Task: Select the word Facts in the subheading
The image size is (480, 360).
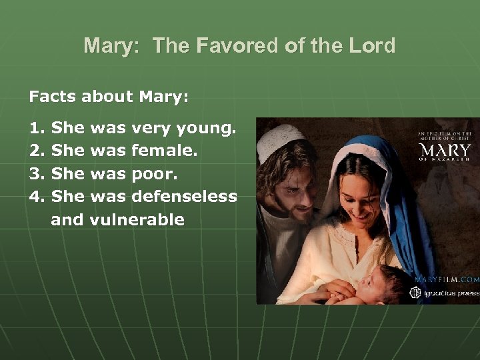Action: pyautogui.click(x=53, y=97)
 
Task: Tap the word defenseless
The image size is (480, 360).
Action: pyautogui.click(x=184, y=197)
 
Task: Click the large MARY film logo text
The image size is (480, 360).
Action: pyautogui.click(x=445, y=149)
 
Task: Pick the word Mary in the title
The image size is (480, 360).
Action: pyautogui.click(x=107, y=46)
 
